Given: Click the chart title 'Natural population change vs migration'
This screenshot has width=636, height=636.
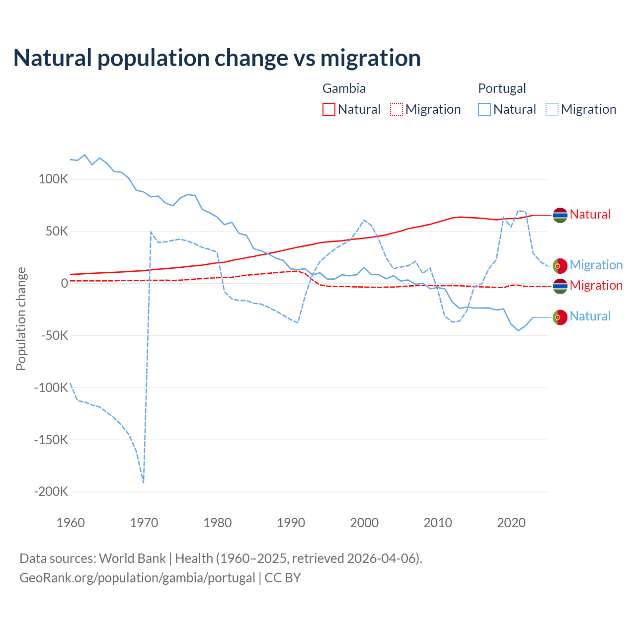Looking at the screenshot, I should [217, 58].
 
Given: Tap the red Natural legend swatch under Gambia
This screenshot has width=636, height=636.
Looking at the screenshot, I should [329, 109].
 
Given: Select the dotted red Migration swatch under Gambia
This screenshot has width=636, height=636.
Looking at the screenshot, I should [397, 109].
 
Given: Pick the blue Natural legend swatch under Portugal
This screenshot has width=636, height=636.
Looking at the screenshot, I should [484, 109].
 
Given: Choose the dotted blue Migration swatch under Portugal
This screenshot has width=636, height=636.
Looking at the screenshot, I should [552, 109].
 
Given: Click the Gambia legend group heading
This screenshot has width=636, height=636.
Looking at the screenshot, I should [344, 88].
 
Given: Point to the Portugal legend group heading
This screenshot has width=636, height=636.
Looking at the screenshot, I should [502, 88].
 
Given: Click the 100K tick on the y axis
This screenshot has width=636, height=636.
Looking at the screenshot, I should [53, 179].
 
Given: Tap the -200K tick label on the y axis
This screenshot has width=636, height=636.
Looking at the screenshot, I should [51, 492].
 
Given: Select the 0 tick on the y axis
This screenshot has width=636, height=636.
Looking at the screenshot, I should [65, 284].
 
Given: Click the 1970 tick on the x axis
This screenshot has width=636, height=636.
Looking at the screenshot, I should [144, 523].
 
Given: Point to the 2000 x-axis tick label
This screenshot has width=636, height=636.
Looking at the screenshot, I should [364, 523].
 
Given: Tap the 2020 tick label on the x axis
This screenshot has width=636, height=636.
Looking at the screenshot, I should [511, 523].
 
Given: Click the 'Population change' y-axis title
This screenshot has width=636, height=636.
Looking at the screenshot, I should [21, 319].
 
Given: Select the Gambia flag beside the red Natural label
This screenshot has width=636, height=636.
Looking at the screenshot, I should [560, 215].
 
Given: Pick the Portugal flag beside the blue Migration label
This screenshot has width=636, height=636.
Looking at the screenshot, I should [560, 266].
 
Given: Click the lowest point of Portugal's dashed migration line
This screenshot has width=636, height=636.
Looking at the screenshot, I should [143, 482].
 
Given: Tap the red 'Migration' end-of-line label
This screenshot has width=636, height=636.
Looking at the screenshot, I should [596, 286].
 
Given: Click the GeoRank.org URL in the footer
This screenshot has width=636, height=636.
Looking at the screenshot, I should [137, 578].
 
